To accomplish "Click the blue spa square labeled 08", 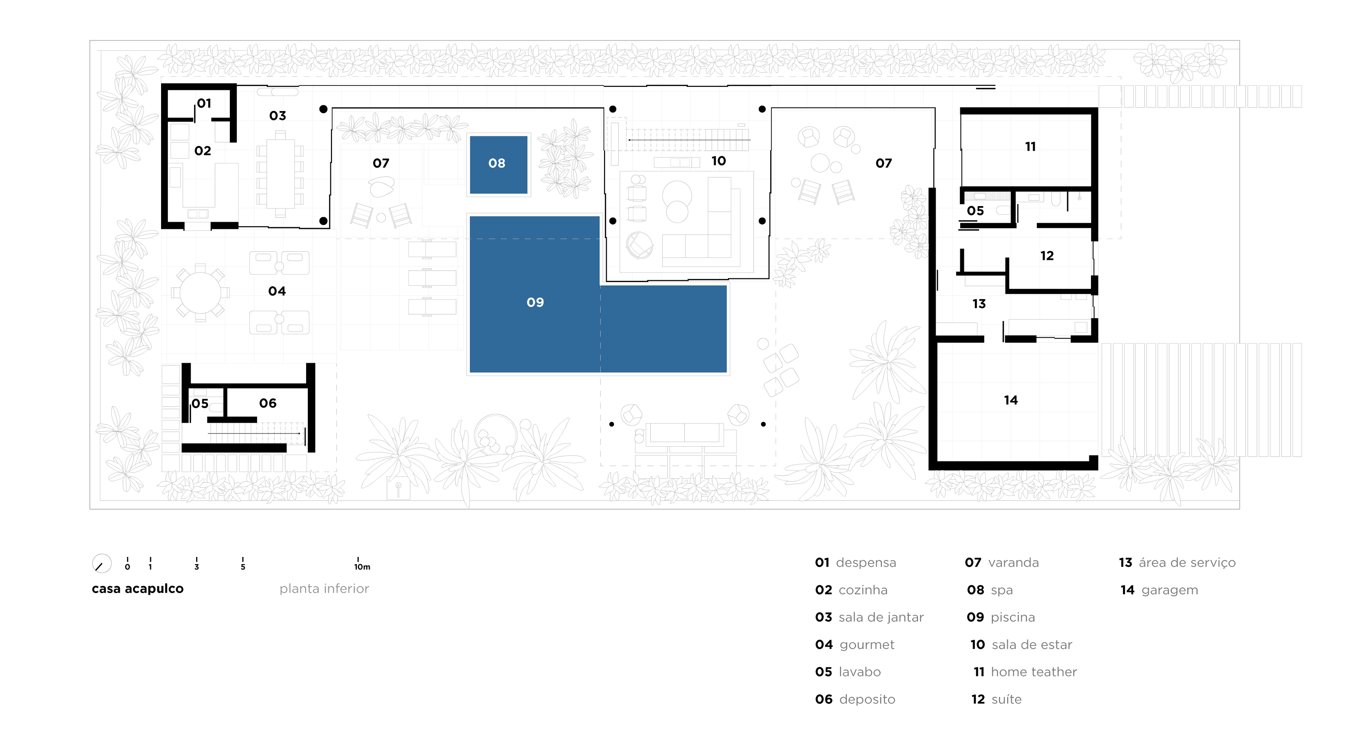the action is click(x=498, y=165).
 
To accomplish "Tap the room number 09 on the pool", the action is click(x=535, y=303).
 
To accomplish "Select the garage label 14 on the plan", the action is click(x=1011, y=400).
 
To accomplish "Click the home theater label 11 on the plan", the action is click(x=1030, y=147).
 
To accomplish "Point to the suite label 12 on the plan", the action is click(x=1047, y=256).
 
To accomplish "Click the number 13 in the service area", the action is click(x=979, y=304).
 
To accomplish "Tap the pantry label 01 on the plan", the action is click(x=204, y=103).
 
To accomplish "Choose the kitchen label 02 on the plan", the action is click(x=203, y=151).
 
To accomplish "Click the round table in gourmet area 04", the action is click(x=200, y=292).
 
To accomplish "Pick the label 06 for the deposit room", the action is click(x=267, y=403).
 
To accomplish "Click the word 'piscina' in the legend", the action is click(x=1013, y=618).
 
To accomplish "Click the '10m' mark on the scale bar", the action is click(x=362, y=567).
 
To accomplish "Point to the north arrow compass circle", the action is click(x=101, y=564).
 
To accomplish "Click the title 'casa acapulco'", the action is click(x=138, y=589).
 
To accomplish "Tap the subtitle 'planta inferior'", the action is click(x=324, y=589).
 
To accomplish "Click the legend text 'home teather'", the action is click(x=1034, y=672).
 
